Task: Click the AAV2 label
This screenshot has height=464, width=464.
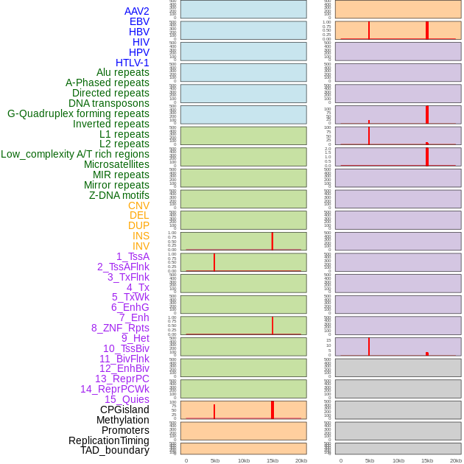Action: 136,11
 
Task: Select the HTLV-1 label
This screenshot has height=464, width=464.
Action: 132,63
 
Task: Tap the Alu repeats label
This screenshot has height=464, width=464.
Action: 122,72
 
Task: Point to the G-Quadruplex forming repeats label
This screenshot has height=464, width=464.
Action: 78,113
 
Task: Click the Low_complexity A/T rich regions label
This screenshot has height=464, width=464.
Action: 75,154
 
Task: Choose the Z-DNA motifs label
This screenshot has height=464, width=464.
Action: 119,195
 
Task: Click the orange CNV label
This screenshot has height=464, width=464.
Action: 138,205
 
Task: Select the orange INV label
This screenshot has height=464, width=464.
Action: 141,246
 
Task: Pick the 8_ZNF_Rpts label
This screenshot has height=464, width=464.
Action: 120,328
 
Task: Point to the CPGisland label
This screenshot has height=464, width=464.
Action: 124,409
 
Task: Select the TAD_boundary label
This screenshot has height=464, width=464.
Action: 114,450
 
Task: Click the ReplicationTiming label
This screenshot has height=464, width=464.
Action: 108,440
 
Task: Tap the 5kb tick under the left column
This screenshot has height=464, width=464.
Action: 215,460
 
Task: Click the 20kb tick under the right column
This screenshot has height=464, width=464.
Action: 456,460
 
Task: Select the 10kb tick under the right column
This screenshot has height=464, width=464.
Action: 398,460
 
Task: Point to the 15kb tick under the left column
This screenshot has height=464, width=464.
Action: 273,460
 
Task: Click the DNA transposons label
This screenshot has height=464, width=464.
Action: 109,103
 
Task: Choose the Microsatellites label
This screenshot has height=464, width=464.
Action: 116,164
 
